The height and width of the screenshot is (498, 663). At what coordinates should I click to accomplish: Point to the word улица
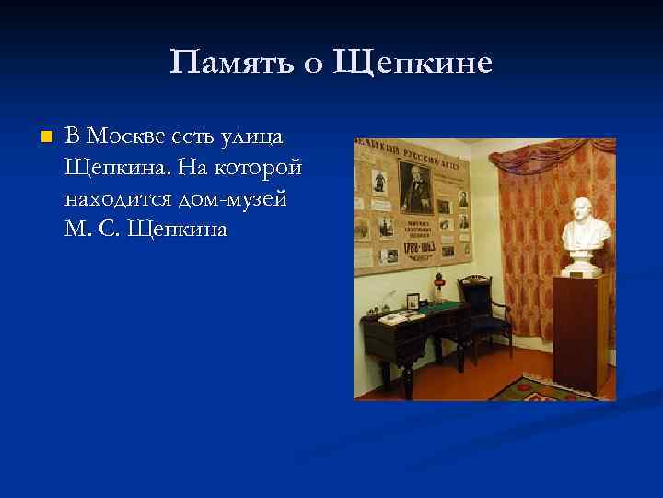pyautogui.click(x=252, y=136)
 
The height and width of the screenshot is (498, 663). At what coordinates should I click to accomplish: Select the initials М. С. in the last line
pyautogui.click(x=94, y=228)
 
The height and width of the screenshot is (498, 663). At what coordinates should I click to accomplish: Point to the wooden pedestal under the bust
pyautogui.click(x=580, y=332)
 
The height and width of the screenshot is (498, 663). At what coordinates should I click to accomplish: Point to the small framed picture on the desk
pyautogui.click(x=413, y=301)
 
